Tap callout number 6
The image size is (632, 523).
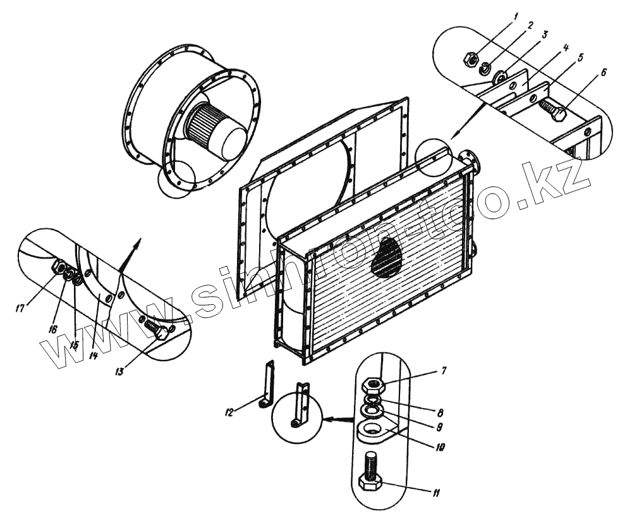click(604, 72)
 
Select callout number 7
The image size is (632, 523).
click(444, 371)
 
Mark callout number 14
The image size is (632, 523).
click(94, 355)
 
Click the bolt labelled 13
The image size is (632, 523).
click(157, 329)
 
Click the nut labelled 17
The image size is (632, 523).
click(58, 268)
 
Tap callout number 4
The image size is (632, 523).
click(567, 47)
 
